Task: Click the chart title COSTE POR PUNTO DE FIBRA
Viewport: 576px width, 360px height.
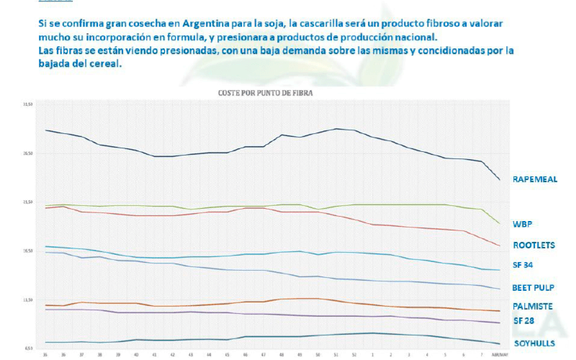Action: click(266, 93)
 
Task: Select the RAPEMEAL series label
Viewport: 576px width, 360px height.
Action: click(535, 179)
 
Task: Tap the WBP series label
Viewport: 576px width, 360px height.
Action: click(522, 224)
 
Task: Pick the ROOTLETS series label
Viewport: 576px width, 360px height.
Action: click(534, 245)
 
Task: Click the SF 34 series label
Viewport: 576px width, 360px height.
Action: click(523, 265)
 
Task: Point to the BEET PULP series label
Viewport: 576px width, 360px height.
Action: click(533, 287)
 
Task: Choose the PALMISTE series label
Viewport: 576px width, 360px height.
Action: click(532, 306)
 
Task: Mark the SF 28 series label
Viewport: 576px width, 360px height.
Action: click(523, 320)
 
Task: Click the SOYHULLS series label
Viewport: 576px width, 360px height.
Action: click(534, 343)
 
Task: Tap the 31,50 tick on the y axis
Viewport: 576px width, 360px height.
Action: click(28, 105)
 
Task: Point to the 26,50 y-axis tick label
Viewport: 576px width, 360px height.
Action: click(28, 154)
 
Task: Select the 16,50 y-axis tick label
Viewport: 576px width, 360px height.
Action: click(28, 251)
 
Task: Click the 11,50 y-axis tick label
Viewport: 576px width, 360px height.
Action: click(28, 300)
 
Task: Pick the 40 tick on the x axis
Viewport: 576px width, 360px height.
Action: click(136, 355)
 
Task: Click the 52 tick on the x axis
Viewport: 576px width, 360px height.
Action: click(354, 355)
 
